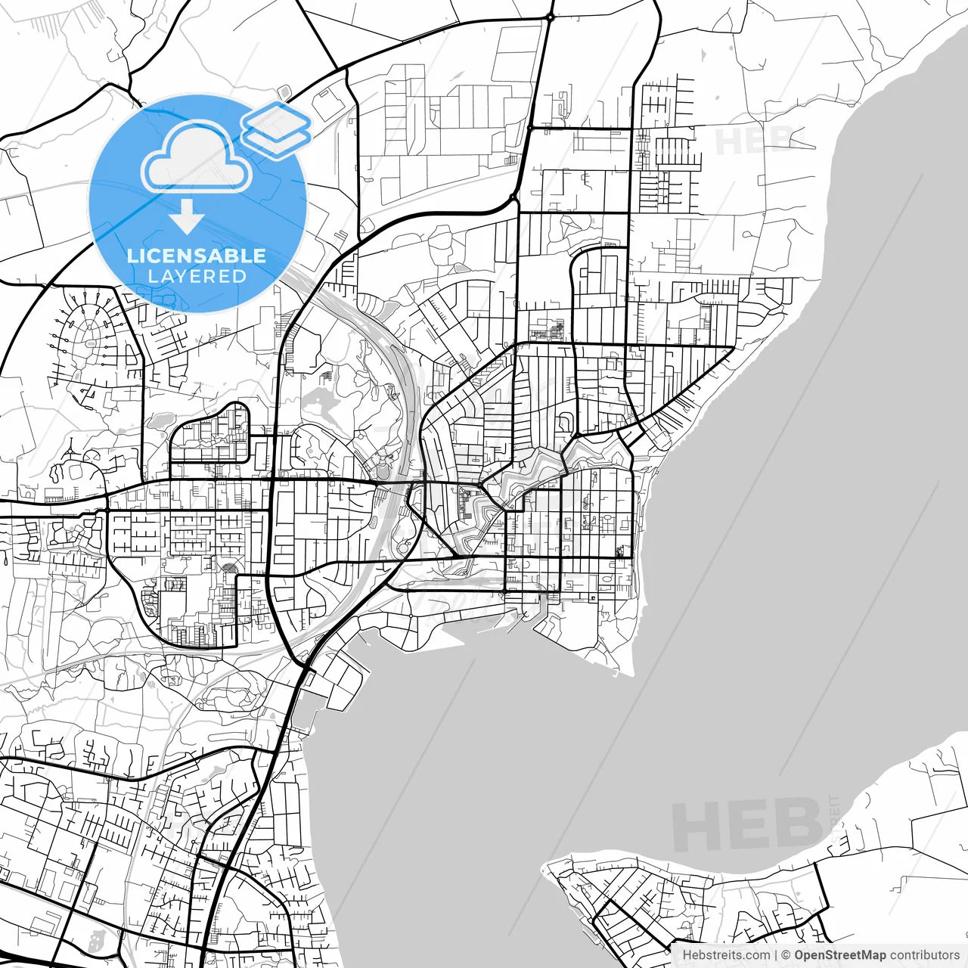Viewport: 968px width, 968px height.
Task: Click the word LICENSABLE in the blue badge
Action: (197, 256)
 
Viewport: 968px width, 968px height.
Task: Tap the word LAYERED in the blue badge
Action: (197, 276)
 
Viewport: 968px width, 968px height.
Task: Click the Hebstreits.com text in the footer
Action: (726, 955)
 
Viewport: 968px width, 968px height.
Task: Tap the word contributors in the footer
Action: (924, 955)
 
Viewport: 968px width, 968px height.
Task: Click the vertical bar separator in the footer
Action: (776, 955)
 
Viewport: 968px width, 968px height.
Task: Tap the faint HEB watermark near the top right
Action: (753, 141)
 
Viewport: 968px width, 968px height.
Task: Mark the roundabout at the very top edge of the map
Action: (551, 16)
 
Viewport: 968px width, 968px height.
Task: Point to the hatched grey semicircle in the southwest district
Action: (229, 568)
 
